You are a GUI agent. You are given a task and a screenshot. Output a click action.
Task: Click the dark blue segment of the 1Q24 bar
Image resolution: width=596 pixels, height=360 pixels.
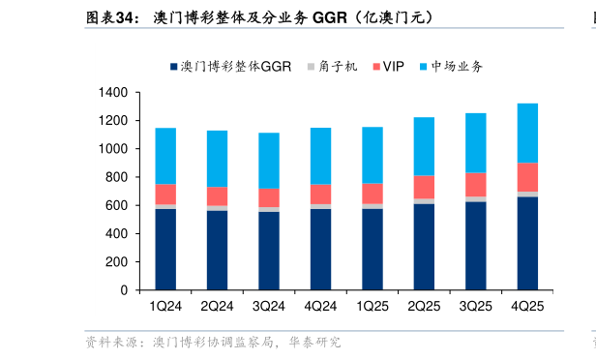click(165, 249)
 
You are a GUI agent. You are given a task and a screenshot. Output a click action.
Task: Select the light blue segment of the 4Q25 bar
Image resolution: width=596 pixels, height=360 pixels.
click(528, 133)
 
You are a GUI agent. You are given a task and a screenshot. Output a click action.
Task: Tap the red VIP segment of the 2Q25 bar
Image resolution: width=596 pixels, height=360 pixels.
click(425, 187)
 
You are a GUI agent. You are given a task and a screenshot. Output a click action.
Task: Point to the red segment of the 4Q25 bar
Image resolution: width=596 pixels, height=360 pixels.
click(528, 177)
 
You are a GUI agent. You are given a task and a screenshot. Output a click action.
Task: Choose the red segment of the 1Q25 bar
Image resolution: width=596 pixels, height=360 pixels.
click(372, 194)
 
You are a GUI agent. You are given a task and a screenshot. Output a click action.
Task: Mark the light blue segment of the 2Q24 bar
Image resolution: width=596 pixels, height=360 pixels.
click(218, 159)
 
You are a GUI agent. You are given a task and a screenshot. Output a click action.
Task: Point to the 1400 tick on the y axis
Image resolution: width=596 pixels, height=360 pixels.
click(112, 93)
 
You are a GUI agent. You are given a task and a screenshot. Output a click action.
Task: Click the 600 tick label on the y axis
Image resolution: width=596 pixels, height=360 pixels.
click(116, 206)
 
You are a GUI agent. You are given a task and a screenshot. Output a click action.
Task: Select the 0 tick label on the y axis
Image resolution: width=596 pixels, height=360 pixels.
click(124, 290)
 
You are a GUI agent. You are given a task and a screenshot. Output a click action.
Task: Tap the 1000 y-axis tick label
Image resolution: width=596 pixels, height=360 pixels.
click(112, 149)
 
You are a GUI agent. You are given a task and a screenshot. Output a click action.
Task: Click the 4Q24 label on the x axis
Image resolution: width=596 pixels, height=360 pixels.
click(320, 307)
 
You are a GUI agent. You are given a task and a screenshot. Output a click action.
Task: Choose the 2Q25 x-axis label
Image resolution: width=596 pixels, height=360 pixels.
click(425, 307)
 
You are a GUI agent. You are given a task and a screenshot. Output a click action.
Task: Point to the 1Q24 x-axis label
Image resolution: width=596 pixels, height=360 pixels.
click(165, 307)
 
